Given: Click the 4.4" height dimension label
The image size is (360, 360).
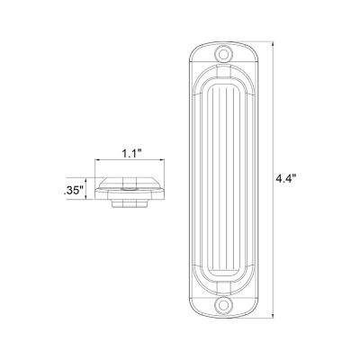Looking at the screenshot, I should (286, 179).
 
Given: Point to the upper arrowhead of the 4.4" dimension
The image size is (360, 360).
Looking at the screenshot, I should (273, 42).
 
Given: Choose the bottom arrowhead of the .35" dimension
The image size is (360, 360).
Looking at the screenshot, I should (90, 203).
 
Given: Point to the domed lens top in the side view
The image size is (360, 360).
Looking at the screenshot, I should (130, 178).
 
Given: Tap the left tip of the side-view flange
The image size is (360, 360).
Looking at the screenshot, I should (98, 187).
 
